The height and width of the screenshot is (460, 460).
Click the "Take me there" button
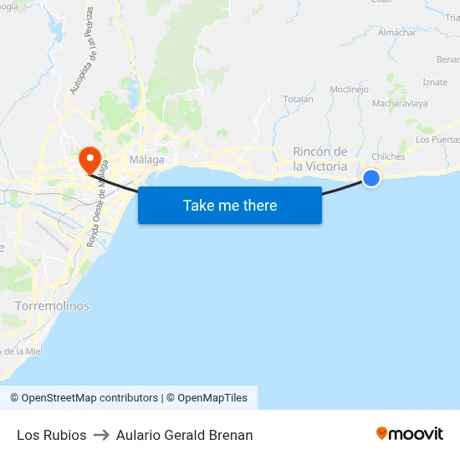click(230, 205)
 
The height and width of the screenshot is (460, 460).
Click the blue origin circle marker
click(371, 177)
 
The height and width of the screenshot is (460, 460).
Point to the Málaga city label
click(146, 159)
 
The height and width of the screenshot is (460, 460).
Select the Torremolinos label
click(52, 306)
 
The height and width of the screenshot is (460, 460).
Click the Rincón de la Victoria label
click(320, 159)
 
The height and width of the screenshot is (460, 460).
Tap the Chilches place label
click(388, 156)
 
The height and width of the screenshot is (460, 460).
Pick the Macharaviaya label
click(400, 104)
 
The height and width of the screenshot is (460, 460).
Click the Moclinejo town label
click(349, 89)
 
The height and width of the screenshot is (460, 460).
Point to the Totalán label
click(298, 99)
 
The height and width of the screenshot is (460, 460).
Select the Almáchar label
click(396, 33)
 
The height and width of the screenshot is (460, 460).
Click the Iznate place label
click(435, 82)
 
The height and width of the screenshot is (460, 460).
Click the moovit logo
click(410, 434)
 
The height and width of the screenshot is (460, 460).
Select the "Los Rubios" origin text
click(52, 435)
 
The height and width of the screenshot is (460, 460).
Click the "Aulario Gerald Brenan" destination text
click(184, 435)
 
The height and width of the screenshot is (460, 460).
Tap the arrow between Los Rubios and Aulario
click(101, 435)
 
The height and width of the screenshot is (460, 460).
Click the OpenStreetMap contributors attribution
click(84, 398)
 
